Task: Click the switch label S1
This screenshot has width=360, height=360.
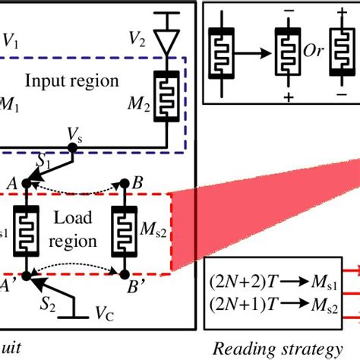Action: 46,160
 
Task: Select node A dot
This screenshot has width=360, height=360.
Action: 24,183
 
